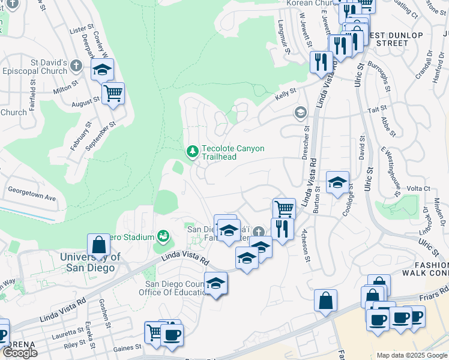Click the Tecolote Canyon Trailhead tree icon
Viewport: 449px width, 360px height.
(x=193, y=152)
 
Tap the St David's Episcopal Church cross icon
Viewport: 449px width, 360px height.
(x=76, y=65)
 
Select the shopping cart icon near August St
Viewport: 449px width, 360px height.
(x=112, y=94)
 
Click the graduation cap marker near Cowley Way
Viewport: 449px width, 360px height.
(x=103, y=69)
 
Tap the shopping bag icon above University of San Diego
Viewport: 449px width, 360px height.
(x=98, y=245)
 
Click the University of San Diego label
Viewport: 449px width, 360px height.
(x=90, y=262)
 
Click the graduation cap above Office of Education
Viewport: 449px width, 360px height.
(x=215, y=284)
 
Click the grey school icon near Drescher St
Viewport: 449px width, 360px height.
(x=300, y=112)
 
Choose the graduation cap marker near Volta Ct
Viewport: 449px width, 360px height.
(x=338, y=182)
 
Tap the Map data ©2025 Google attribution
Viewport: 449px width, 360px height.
(x=411, y=355)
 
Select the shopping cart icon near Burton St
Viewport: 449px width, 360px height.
(x=284, y=209)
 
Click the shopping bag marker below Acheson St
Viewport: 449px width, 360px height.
(x=325, y=301)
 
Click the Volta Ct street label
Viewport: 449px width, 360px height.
(x=419, y=188)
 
